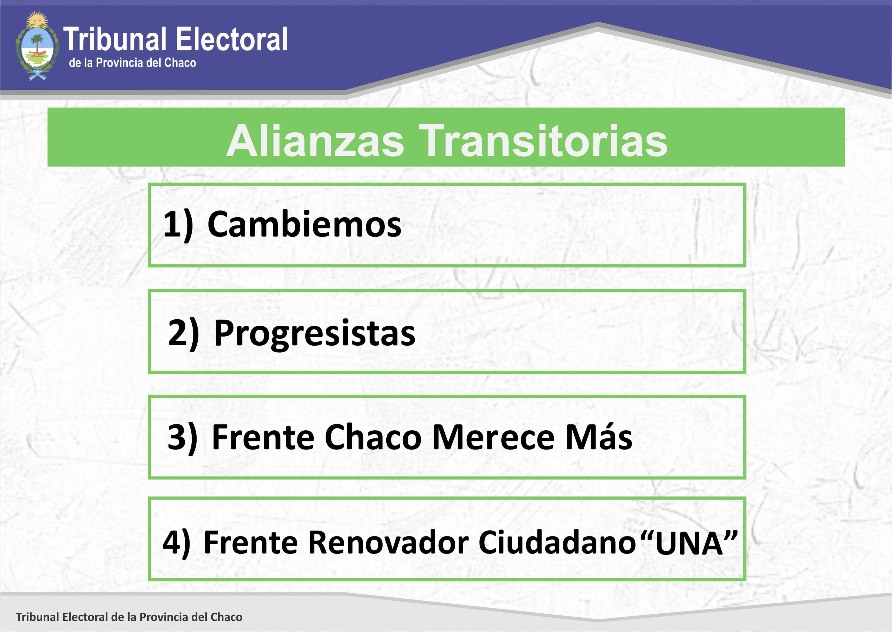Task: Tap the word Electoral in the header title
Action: [x=232, y=39]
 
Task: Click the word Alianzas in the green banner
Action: [x=315, y=141]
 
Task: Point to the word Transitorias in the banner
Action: [x=545, y=141]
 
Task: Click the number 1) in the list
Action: [x=178, y=225]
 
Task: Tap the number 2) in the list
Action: [x=183, y=333]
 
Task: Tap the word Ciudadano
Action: [x=557, y=542]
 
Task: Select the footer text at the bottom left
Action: [x=129, y=617]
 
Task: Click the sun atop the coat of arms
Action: [x=37, y=18]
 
